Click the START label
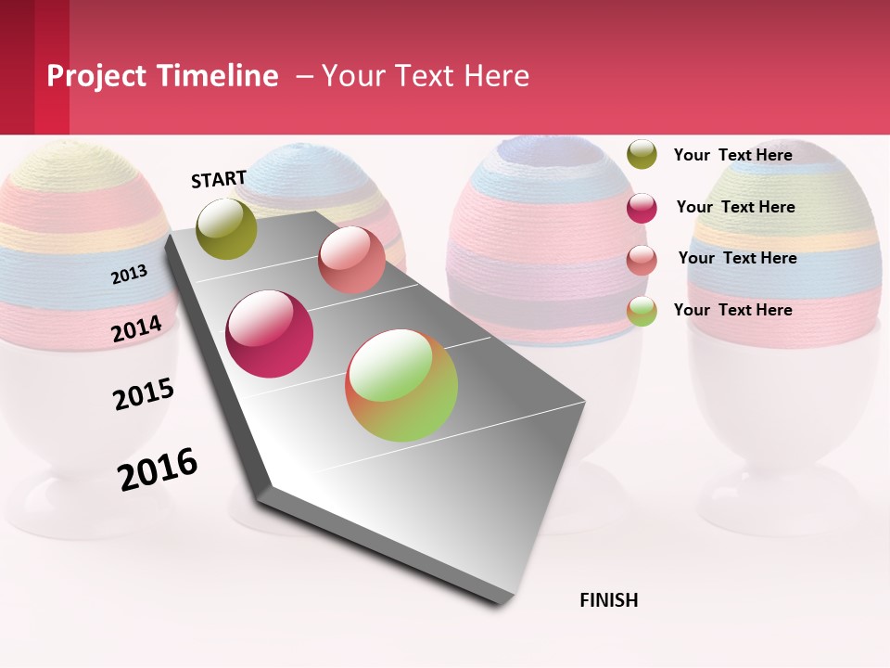click(219, 179)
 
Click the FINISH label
click(608, 600)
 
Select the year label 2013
click(130, 274)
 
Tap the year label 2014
click(137, 328)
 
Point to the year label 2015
click(144, 393)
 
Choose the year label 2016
click(158, 469)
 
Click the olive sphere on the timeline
click(227, 228)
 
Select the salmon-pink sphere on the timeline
click(351, 260)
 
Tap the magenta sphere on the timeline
click(270, 334)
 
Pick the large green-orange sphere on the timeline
click(401, 385)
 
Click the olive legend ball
click(642, 154)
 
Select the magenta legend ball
click(642, 208)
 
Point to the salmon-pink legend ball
click(642, 260)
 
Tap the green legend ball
click(642, 311)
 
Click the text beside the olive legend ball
click(732, 155)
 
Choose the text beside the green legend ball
click(732, 310)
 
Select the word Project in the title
click(98, 76)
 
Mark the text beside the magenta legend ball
click(735, 207)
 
